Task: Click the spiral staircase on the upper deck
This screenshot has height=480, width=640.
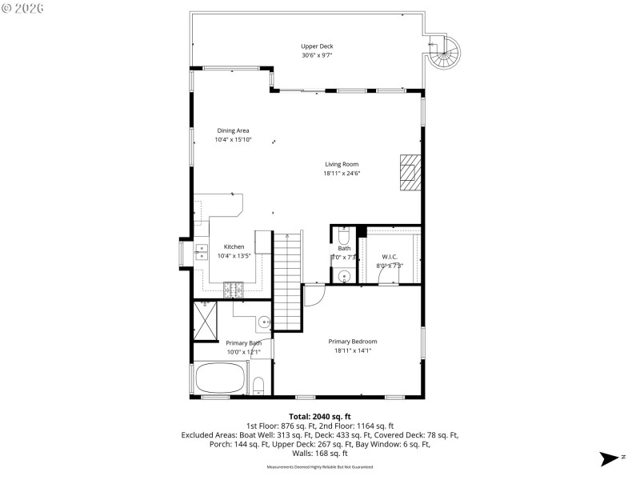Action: click(x=442, y=54)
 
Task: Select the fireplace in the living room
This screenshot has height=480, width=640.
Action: click(x=410, y=172)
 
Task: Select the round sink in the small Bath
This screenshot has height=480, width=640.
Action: click(x=344, y=277)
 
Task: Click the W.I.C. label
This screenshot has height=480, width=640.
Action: click(x=390, y=257)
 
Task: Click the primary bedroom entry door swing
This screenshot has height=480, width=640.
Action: click(x=313, y=294)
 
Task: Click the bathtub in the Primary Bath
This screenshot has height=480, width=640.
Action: click(x=222, y=379)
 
